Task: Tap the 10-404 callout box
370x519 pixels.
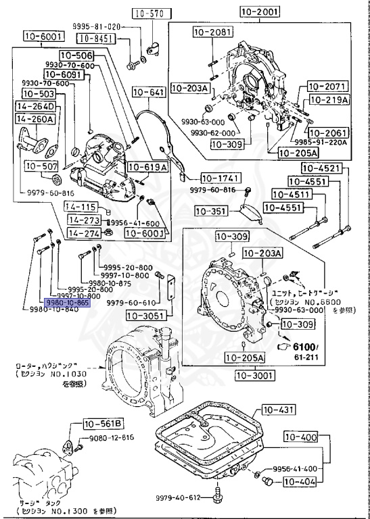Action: pyautogui.click(x=298, y=482)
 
